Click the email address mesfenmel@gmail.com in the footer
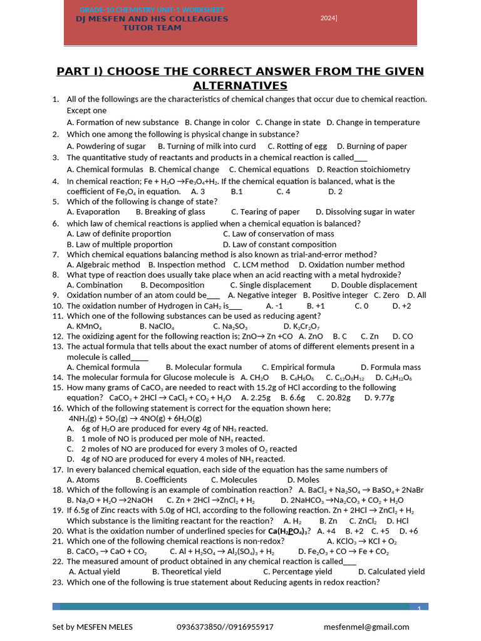pos(366,627)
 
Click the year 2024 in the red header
pos(329,18)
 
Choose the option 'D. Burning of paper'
pos(372,146)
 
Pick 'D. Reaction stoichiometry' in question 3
pos(363,169)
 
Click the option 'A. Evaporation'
pos(93,212)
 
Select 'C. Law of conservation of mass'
pos(278,233)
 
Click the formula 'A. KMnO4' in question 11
pos(85,326)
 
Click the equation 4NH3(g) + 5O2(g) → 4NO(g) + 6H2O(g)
pos(135,418)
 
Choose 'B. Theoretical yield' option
pos(187,571)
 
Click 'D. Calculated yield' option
pos(391,571)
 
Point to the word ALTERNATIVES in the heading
pos(240,86)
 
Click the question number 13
pos(56,346)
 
